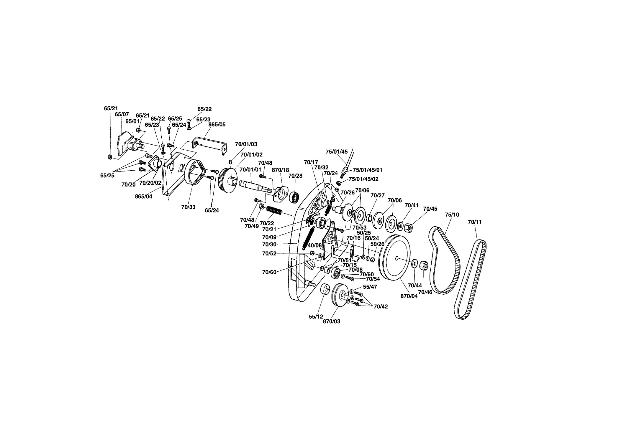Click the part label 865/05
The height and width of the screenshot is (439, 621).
click(x=217, y=124)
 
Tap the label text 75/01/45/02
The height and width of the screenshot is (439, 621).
click(x=363, y=179)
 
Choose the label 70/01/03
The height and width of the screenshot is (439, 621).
click(x=246, y=144)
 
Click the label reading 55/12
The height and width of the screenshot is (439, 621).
click(x=316, y=316)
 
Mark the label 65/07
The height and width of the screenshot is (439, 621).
click(x=122, y=114)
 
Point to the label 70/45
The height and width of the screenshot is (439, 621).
click(x=430, y=209)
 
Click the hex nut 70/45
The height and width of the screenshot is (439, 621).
click(x=408, y=227)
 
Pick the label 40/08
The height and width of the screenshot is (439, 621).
click(x=314, y=245)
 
